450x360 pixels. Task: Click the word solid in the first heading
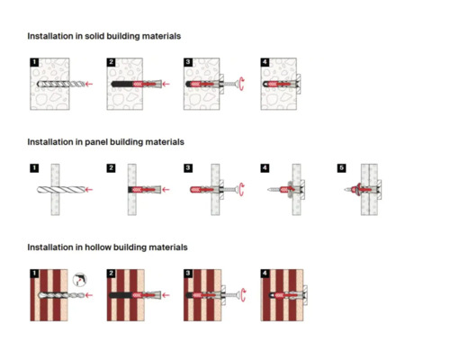(94, 36)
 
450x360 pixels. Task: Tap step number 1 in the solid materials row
(34, 62)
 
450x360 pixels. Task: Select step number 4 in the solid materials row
(265, 62)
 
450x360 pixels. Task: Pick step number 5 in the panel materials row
(342, 168)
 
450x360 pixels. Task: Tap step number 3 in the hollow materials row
(188, 274)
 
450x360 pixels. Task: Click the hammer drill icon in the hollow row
(80, 280)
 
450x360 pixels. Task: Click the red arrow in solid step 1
(89, 84)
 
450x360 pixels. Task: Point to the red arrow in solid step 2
(166, 84)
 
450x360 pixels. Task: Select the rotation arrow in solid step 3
(242, 84)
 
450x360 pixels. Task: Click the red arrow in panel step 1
(89, 190)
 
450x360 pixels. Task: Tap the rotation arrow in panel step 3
(242, 190)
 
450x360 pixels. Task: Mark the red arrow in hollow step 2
(166, 295)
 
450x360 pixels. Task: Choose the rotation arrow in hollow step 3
(243, 295)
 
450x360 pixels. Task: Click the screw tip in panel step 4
(267, 190)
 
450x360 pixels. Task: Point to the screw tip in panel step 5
(344, 190)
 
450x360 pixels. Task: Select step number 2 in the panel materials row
(112, 168)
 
